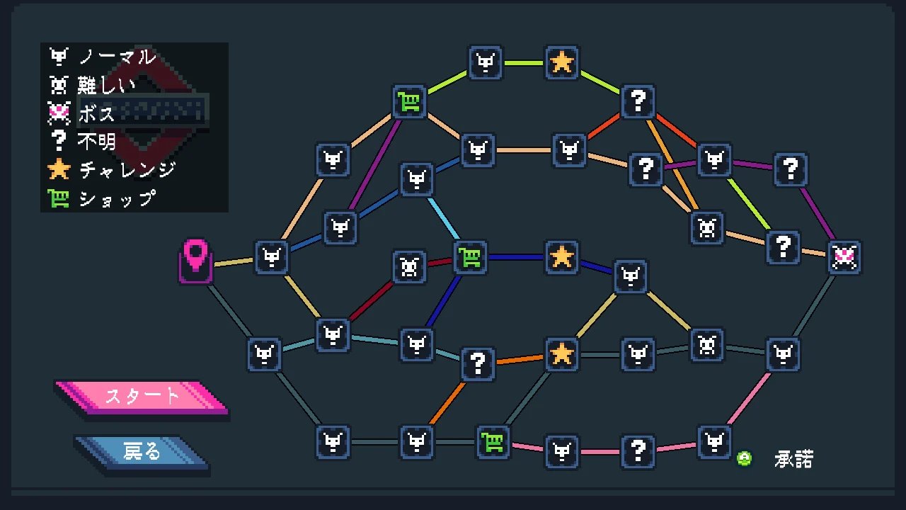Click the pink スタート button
142,396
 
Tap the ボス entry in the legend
96,113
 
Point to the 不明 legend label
96,142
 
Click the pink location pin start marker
195,261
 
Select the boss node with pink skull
845,257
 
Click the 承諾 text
793,459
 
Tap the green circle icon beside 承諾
744,458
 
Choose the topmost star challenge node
562,62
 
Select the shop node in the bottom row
493,443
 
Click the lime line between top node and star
524,62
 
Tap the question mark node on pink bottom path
638,450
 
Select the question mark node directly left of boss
783,247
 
